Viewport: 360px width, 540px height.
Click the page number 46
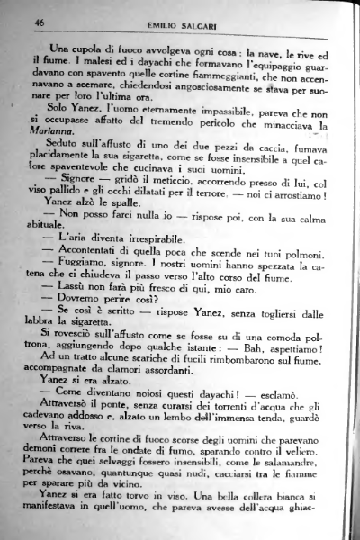tap(40, 22)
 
